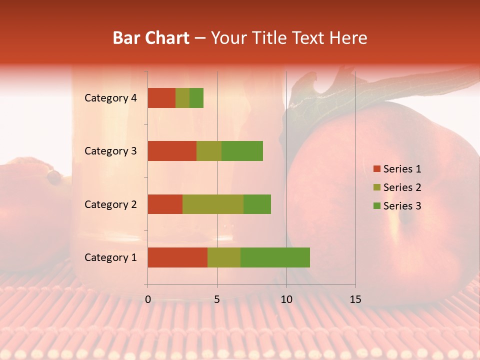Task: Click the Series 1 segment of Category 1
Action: tap(177, 257)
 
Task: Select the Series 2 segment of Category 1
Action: tap(224, 257)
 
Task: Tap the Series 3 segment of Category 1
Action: tap(275, 257)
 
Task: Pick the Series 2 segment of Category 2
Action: tap(213, 204)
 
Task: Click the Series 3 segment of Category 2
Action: tap(257, 204)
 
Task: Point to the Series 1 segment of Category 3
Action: tap(172, 151)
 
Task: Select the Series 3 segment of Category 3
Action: tap(242, 151)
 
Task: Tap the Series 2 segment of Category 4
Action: tap(182, 98)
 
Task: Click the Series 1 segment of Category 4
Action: tap(161, 98)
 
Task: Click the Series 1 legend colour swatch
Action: tap(376, 169)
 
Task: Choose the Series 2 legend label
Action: tap(402, 187)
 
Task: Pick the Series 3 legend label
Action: tap(402, 206)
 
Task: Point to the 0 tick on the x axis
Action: tap(148, 299)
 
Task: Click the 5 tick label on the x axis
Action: tap(217, 299)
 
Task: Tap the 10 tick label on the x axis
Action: tap(286, 299)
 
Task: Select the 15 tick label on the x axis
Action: tap(355, 299)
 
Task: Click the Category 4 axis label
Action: tap(110, 98)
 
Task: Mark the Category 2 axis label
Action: tap(110, 204)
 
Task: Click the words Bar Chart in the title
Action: tap(151, 38)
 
